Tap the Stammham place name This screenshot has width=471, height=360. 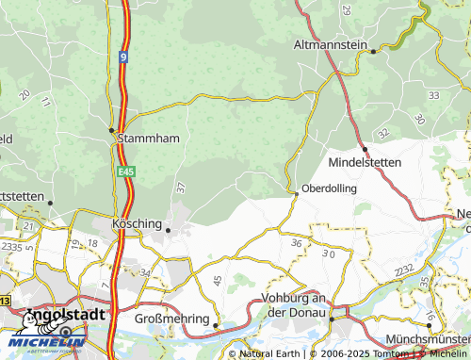coord(148,138)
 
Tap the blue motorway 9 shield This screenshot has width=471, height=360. coord(122,57)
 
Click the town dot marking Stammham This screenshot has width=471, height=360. coord(111,129)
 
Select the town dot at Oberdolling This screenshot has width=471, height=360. coord(297,194)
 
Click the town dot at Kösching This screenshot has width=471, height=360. coord(168,229)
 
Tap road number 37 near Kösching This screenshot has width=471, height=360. coord(180,188)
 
